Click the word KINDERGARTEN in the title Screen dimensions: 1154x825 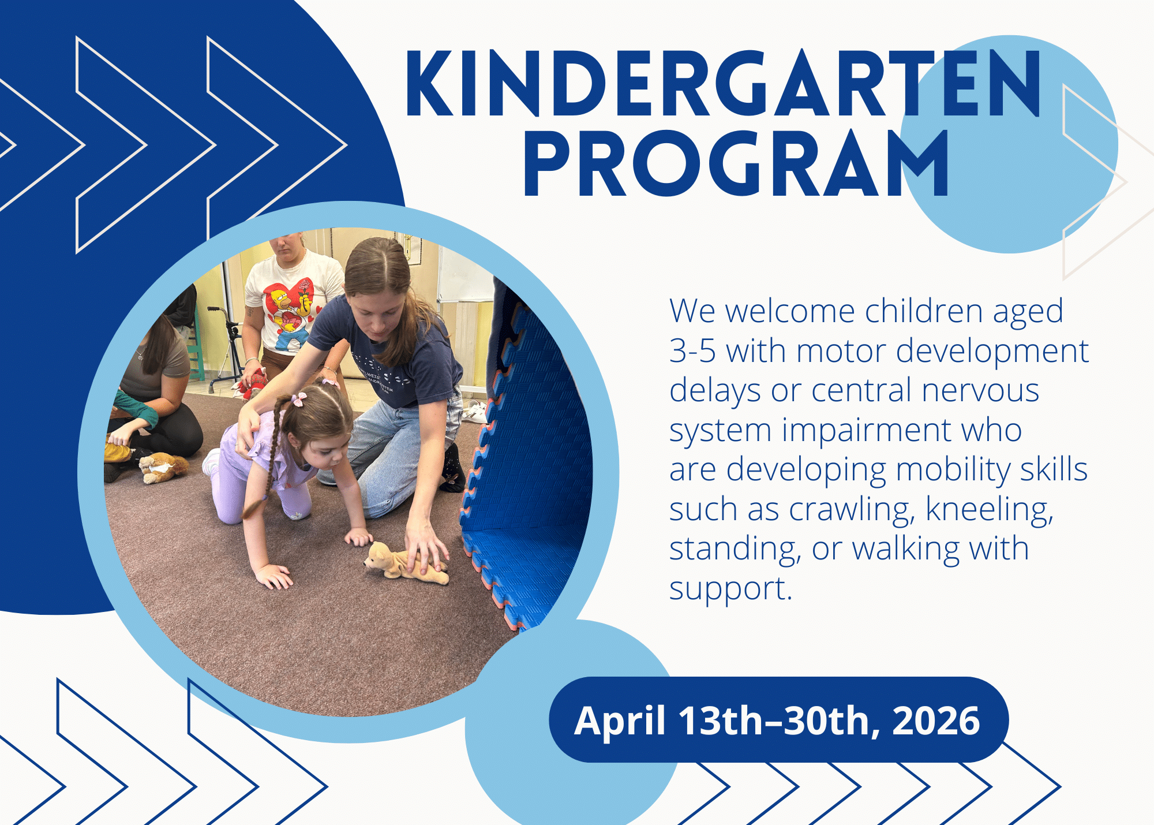pyautogui.click(x=724, y=83)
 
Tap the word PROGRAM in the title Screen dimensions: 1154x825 pyautogui.click(x=736, y=163)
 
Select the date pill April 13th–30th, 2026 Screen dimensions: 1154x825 pyautogui.click(x=778, y=720)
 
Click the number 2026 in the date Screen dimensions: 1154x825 pyautogui.click(x=935, y=721)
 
